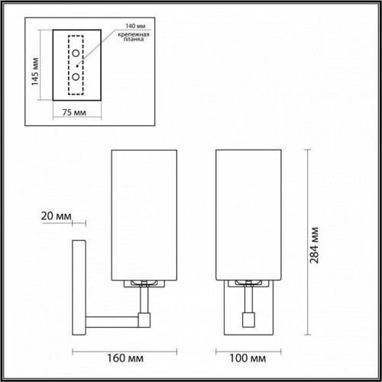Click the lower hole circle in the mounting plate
(x=76, y=78)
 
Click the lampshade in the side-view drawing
(x=144, y=215)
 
